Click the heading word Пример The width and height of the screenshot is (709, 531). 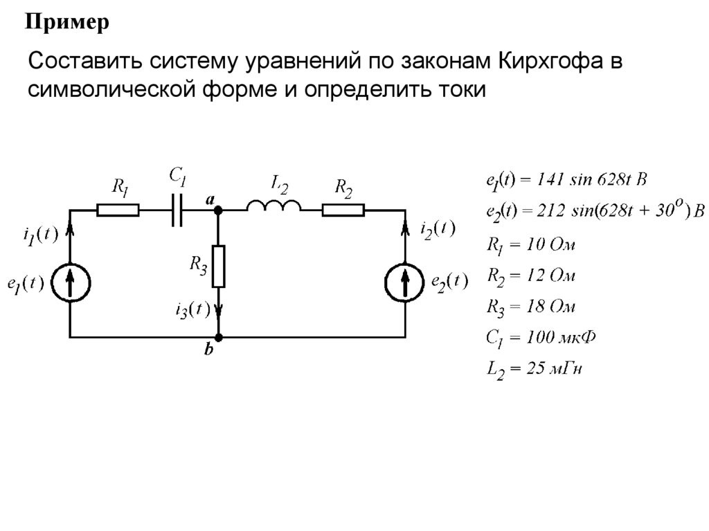(x=68, y=24)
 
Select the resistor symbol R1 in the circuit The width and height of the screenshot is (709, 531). (x=118, y=209)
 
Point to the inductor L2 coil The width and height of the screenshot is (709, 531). (x=273, y=206)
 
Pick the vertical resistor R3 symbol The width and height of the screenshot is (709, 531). (x=218, y=267)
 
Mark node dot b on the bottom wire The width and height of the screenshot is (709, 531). (x=218, y=338)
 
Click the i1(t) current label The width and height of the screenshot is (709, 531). (x=37, y=235)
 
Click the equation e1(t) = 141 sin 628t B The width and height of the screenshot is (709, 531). (x=566, y=180)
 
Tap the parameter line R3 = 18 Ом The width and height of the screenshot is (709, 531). (x=530, y=306)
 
